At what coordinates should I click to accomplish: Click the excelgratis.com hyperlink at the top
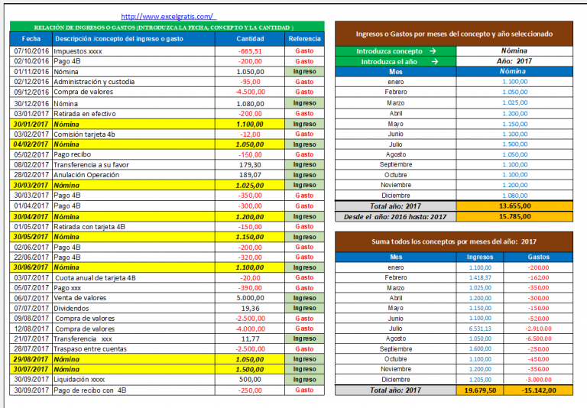pyautogui.click(x=168, y=17)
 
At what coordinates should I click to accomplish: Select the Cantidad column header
pyautogui.click(x=250, y=39)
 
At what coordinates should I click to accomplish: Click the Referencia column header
pyautogui.click(x=304, y=39)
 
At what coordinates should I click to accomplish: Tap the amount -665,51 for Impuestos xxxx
pyautogui.click(x=250, y=51)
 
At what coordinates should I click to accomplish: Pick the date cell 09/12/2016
pyautogui.click(x=31, y=92)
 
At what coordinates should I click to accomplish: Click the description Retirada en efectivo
pyautogui.click(x=85, y=114)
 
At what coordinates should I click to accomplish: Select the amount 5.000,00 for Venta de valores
pyautogui.click(x=250, y=298)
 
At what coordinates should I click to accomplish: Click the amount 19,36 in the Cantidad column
pyautogui.click(x=251, y=309)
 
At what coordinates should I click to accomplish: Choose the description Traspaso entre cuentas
pyautogui.click(x=90, y=349)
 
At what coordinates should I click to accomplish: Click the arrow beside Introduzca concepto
pyautogui.click(x=433, y=51)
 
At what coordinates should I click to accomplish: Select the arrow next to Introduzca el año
pyautogui.click(x=435, y=61)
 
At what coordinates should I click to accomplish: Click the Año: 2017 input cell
pyautogui.click(x=514, y=61)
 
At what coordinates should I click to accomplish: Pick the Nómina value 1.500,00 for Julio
pyautogui.click(x=515, y=144)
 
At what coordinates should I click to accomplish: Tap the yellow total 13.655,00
pyautogui.click(x=514, y=206)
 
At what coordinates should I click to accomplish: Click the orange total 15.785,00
pyautogui.click(x=514, y=216)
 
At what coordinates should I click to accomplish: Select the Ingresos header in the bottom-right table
pyautogui.click(x=480, y=257)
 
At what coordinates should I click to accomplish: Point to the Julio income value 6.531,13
pyautogui.click(x=480, y=329)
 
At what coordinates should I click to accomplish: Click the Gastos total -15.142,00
pyautogui.click(x=539, y=390)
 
